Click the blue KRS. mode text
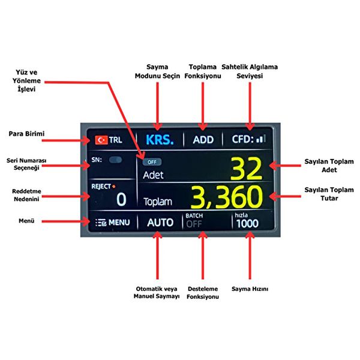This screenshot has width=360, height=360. tap(160, 139)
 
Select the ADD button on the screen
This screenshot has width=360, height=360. tap(203, 140)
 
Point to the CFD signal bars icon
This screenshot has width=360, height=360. tap(261, 139)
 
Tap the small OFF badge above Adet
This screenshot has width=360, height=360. tap(152, 162)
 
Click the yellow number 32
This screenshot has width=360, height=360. tap(247, 169)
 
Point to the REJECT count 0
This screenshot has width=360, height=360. tap(121, 199)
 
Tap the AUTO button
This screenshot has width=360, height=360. tap(160, 222)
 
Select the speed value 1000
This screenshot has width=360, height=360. tap(247, 224)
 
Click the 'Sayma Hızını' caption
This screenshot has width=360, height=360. tap(249, 289)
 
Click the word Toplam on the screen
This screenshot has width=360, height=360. tap(158, 202)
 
